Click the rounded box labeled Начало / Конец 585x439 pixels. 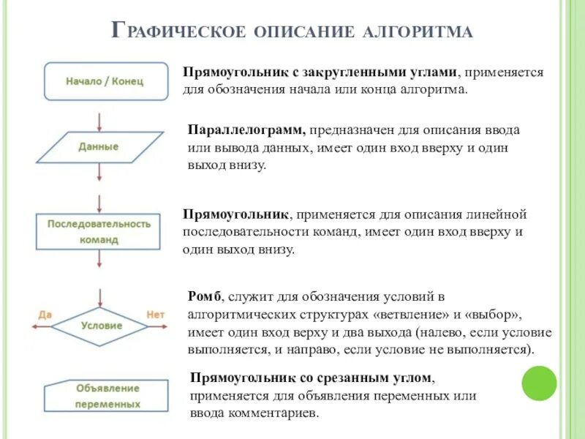[105, 81]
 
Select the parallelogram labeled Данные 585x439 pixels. [99, 146]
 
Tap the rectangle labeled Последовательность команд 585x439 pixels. [99, 230]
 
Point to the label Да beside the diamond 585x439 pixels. [45, 315]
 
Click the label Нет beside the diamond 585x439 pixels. [156, 315]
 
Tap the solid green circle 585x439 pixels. [539, 383]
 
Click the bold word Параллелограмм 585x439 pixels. [246, 130]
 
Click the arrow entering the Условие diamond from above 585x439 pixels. [99, 293]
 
